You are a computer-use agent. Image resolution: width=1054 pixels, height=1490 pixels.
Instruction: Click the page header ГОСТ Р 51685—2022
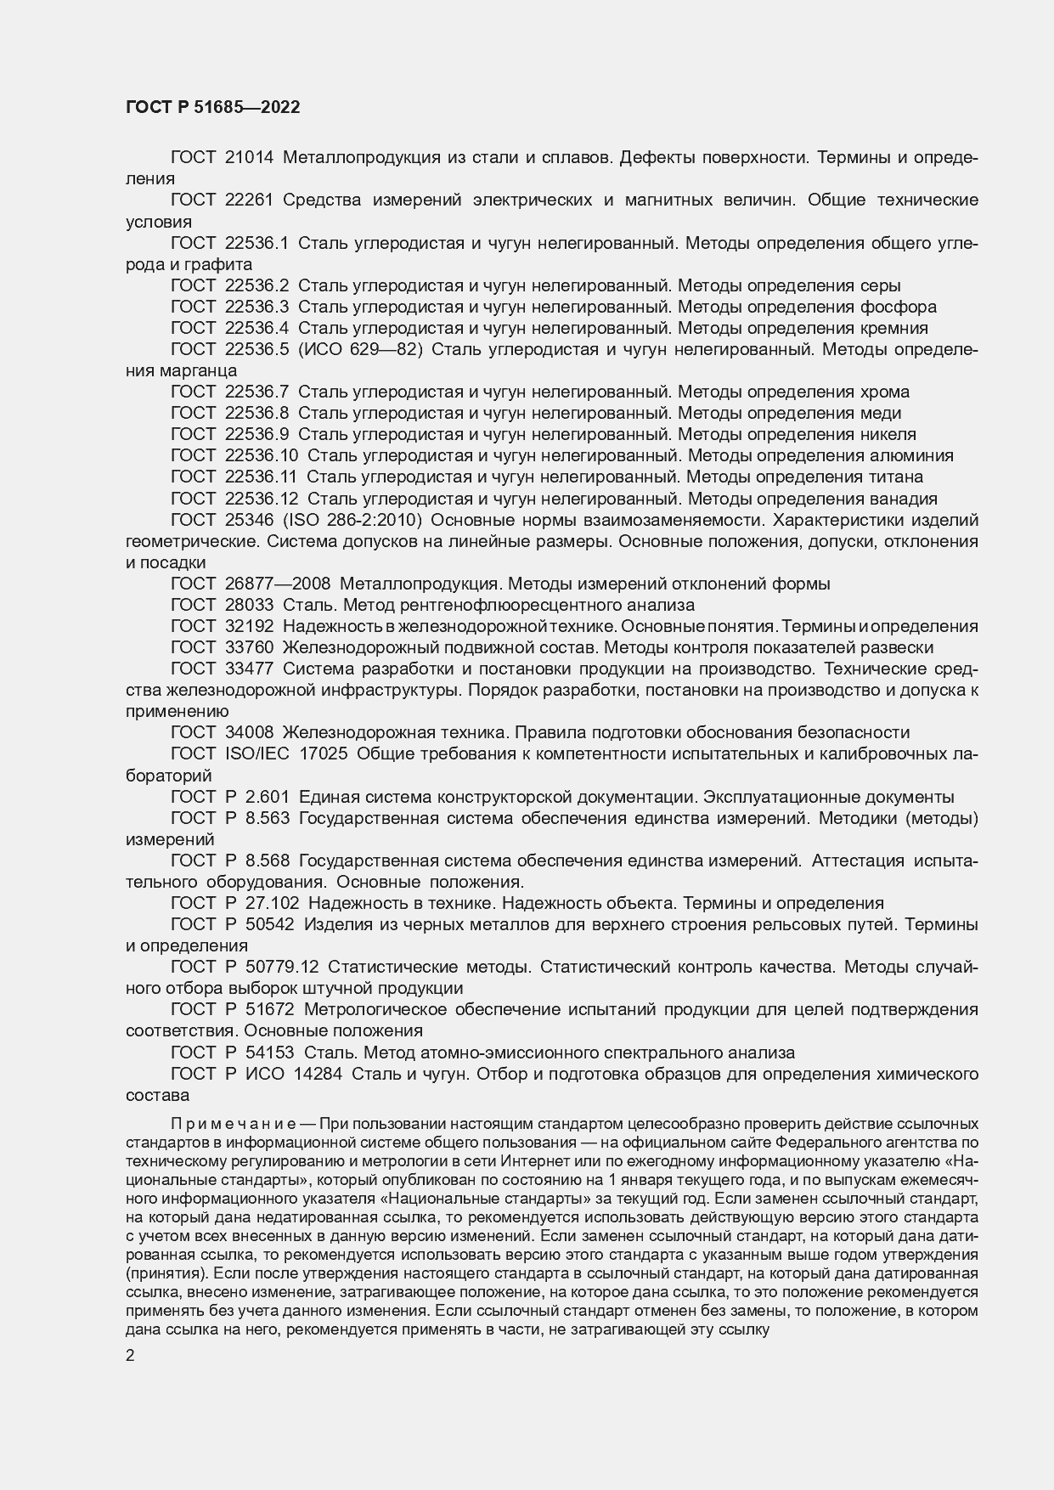pos(212,108)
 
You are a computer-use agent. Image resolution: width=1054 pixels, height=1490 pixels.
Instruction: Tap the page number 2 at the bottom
pos(130,1357)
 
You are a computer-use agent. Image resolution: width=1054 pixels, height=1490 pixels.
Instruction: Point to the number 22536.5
pos(256,349)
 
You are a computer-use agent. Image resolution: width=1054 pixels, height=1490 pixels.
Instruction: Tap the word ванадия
pos(899,499)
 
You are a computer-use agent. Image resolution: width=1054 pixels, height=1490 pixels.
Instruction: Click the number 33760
pos(249,647)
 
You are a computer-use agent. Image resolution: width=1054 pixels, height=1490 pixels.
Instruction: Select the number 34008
pos(249,732)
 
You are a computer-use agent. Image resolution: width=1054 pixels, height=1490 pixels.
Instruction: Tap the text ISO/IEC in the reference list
pos(256,753)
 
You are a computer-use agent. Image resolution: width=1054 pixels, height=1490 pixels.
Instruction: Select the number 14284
pos(318,1074)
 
